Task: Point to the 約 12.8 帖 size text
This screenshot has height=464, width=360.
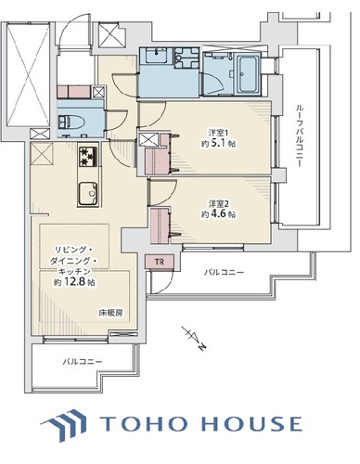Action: (74, 282)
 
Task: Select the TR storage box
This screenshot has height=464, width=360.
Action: (160, 262)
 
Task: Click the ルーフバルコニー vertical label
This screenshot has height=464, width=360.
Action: (299, 135)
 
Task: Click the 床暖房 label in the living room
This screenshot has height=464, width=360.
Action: (110, 313)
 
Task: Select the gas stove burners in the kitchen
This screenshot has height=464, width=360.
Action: (88, 157)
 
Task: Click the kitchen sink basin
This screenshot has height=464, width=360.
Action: (88, 193)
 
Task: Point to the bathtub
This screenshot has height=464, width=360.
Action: (248, 74)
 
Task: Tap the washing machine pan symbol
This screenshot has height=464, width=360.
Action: (186, 58)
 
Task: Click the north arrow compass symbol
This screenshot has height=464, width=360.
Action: (194, 339)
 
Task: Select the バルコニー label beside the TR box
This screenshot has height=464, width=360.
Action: (224, 273)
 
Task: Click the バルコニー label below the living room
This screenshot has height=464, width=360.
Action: (83, 361)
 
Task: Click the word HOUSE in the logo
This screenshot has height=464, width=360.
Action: (251, 424)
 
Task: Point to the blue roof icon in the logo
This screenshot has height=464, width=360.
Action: (63, 425)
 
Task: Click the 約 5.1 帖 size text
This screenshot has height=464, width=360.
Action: (219, 144)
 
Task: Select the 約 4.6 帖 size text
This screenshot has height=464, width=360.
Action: (219, 214)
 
